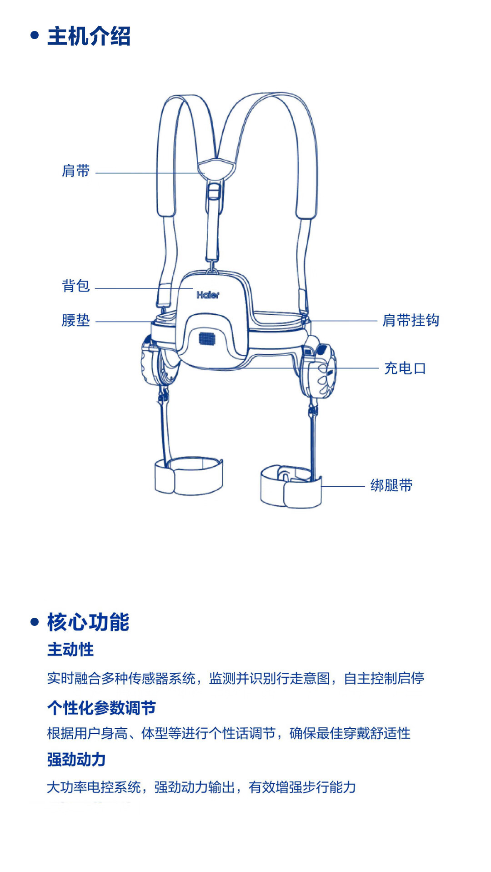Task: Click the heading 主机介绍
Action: (89, 36)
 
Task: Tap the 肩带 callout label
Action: (76, 171)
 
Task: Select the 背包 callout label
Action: (76, 286)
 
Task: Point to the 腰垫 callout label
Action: (76, 321)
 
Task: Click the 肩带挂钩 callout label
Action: (411, 321)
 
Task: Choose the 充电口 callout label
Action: (405, 368)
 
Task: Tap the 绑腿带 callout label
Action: (391, 486)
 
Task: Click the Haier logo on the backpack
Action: (208, 295)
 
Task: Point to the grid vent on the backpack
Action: (208, 339)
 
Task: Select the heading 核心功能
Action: (88, 622)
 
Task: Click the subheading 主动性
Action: (70, 650)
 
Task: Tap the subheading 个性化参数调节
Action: (101, 708)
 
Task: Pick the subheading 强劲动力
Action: (76, 760)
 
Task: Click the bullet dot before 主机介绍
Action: (35, 35)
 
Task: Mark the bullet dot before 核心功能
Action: (35, 622)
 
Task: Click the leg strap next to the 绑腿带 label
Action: (291, 487)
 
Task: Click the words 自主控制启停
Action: (384, 679)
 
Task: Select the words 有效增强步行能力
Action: (302, 787)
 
